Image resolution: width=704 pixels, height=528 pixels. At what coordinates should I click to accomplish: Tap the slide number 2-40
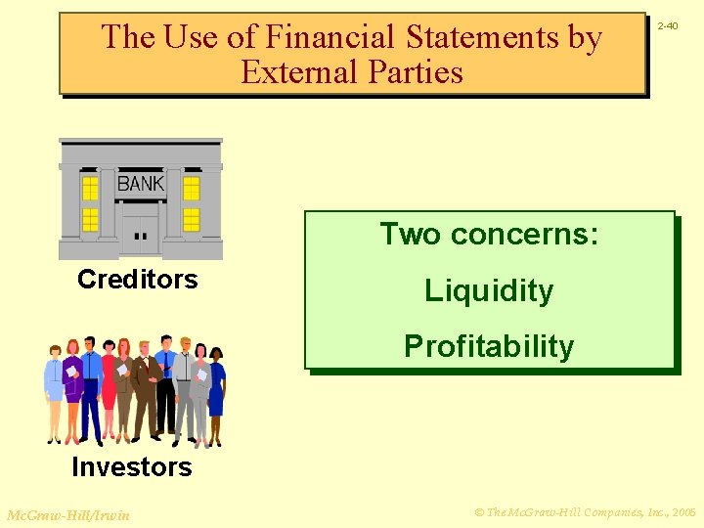coord(668,26)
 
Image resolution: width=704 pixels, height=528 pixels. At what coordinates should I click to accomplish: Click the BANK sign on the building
coord(141,183)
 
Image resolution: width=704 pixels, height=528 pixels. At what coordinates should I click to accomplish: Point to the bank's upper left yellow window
coord(90,187)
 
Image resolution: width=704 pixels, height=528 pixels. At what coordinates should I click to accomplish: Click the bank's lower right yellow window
coord(192,219)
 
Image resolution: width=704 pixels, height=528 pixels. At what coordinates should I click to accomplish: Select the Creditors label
coord(137,280)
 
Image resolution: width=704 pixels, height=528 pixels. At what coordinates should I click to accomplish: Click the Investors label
coord(132,467)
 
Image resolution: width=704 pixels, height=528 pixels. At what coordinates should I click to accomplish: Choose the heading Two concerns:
coord(489,235)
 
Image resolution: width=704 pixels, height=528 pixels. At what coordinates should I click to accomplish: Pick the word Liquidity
coord(489,290)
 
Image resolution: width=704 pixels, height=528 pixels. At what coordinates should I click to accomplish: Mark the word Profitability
coord(489,346)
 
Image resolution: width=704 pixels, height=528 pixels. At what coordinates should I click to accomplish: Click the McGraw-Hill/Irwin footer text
coord(67,514)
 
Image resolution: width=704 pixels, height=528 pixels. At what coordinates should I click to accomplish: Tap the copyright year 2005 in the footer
coord(683,512)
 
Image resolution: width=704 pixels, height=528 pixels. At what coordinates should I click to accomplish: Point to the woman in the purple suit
coord(73,386)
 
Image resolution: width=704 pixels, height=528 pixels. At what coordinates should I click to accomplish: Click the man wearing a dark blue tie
coord(166,376)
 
